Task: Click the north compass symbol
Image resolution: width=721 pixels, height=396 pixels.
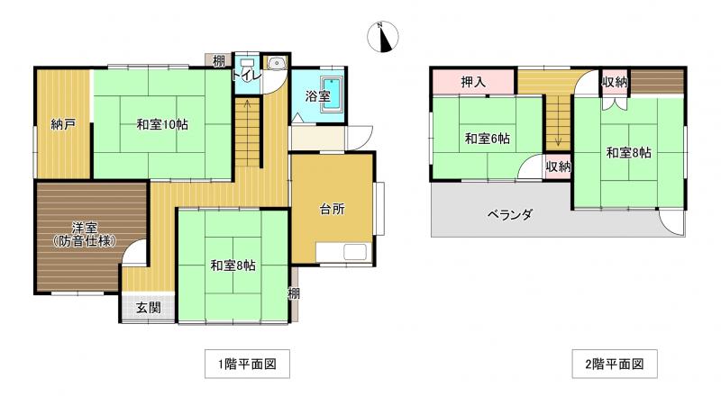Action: [382, 37]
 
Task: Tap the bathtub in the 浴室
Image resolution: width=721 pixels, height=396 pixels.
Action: [331, 94]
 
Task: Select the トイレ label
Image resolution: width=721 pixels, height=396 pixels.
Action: [247, 76]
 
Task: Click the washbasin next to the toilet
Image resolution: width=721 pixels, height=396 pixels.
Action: [277, 63]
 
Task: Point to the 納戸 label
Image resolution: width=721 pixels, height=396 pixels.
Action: [63, 124]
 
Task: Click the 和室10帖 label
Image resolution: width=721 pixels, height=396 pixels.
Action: [162, 124]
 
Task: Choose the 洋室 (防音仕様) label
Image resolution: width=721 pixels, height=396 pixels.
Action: [85, 234]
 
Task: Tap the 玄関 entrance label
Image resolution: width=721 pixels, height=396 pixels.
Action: [148, 307]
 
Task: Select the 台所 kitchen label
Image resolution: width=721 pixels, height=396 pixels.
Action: [332, 210]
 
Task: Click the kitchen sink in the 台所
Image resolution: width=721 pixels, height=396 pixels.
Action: [355, 252]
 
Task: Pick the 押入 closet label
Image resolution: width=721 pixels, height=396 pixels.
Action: [473, 82]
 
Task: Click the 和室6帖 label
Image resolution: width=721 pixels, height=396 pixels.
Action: [488, 139]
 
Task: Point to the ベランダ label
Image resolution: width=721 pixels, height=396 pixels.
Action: [510, 214]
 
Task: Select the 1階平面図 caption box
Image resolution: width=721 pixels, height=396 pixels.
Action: [247, 364]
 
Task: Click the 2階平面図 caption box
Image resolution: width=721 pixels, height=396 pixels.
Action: [615, 364]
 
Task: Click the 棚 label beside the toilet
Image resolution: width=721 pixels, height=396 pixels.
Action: [219, 60]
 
